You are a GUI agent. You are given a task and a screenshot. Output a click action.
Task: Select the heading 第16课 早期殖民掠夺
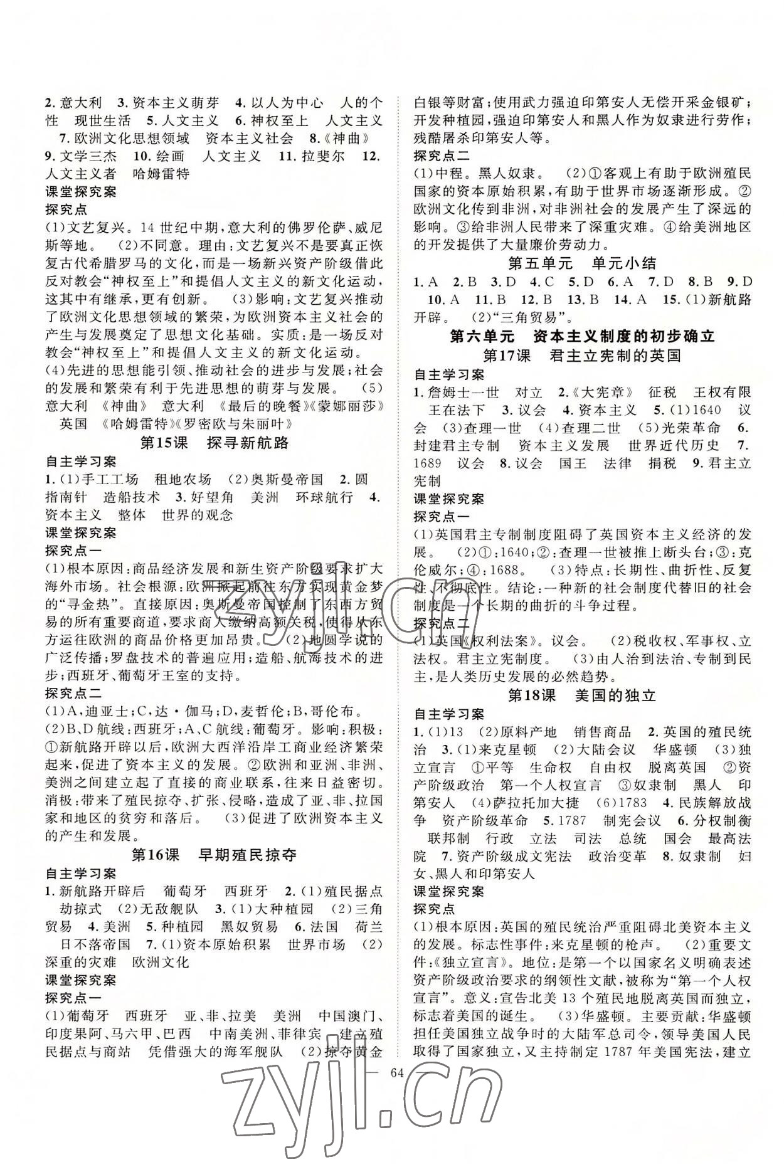point(214,855)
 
